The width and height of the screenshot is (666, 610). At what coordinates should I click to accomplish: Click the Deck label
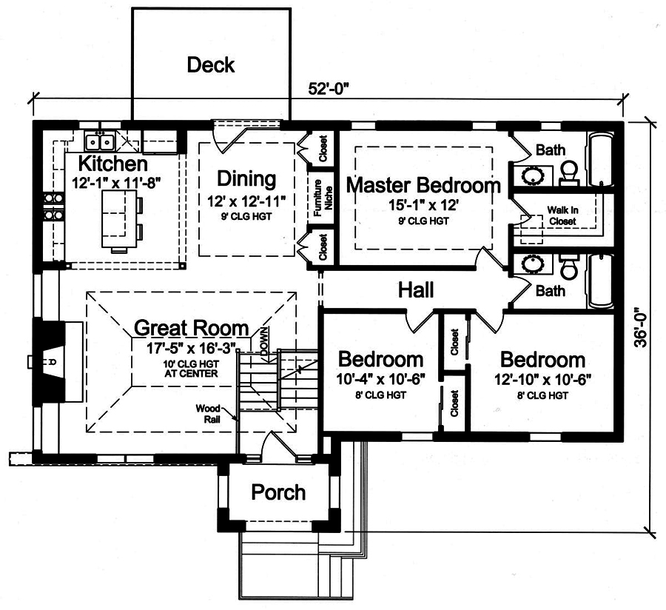point(210,65)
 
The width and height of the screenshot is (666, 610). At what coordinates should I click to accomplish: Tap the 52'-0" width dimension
point(329,88)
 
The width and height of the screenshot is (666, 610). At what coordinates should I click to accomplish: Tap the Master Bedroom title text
point(423,184)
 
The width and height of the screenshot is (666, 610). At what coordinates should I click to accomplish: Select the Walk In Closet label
point(562,215)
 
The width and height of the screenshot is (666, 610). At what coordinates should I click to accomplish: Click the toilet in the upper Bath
point(569,172)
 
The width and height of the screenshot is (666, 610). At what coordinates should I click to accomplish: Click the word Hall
point(415,289)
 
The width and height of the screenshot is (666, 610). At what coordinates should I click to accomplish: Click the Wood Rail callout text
point(207,413)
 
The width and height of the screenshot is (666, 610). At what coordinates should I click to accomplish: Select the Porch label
point(277,492)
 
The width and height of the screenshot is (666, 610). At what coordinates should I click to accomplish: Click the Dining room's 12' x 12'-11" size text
point(246,199)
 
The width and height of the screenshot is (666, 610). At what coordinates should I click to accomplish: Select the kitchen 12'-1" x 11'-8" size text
point(116,181)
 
